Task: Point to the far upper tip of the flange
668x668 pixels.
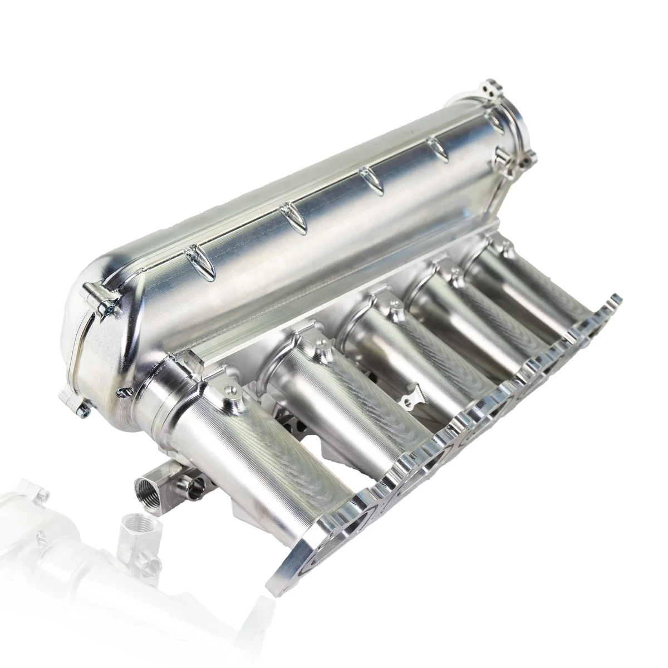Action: click(x=615, y=298)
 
